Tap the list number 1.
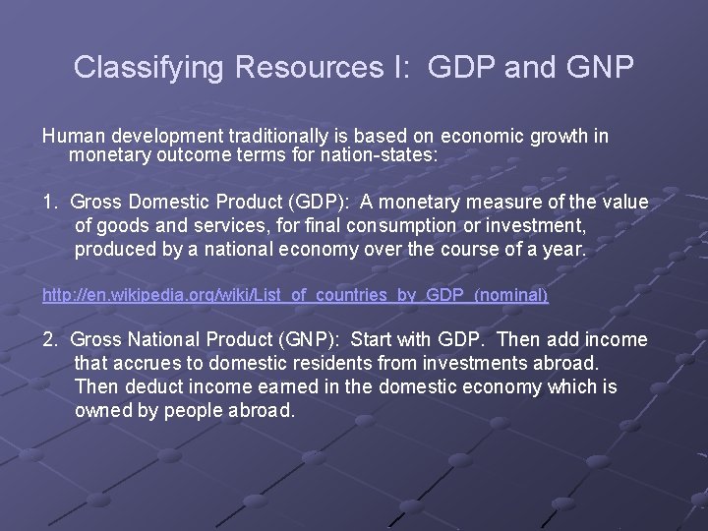(x=48, y=202)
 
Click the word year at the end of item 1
(x=564, y=250)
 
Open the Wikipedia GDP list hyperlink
(x=295, y=295)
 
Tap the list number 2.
(x=48, y=339)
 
